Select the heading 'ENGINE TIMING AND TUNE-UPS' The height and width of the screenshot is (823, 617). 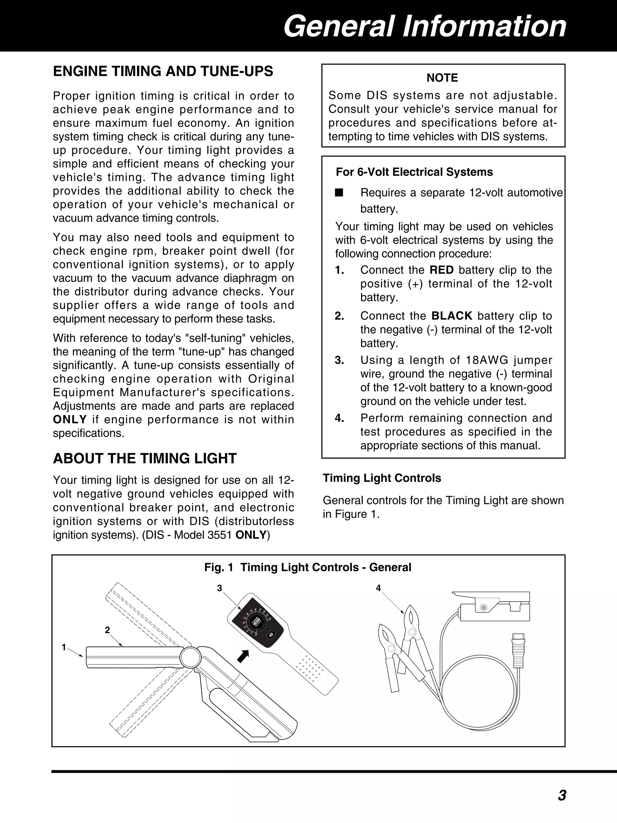click(163, 71)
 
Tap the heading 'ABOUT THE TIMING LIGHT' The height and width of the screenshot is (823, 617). click(145, 458)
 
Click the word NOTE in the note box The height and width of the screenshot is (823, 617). click(442, 78)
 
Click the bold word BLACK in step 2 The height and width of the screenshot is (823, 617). click(452, 316)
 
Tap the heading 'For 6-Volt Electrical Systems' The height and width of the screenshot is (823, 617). click(414, 172)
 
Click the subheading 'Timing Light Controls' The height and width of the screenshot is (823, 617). click(382, 478)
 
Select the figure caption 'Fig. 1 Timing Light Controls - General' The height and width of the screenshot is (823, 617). click(308, 567)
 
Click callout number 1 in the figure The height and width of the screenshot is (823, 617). click(64, 647)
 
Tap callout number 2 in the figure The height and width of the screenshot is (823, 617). click(108, 630)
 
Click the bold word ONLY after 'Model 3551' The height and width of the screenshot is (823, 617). click(251, 535)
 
